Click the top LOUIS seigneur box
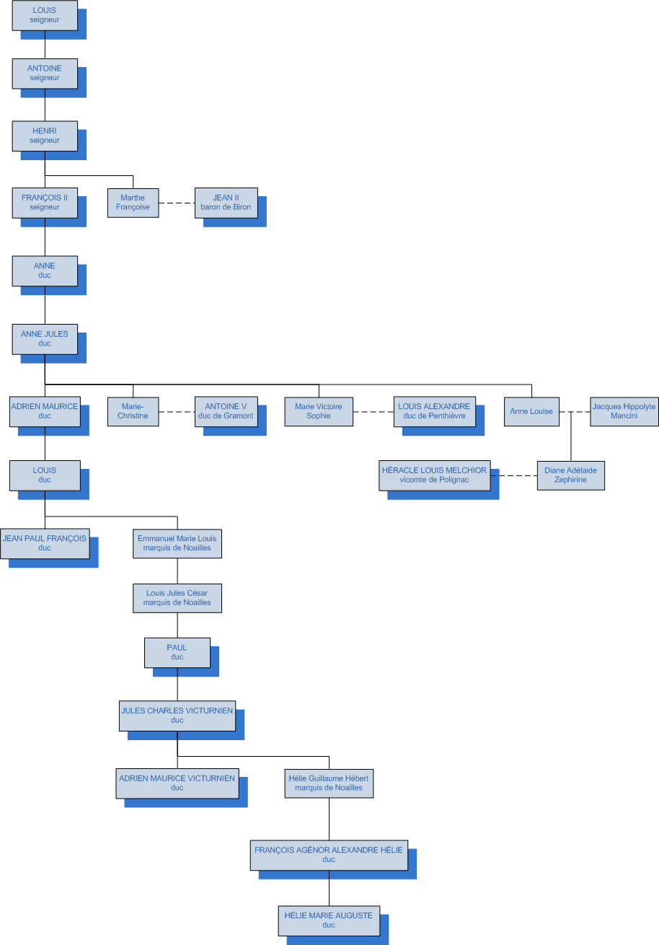click(x=45, y=15)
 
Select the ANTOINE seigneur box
click(x=45, y=73)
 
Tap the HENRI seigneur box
click(x=45, y=136)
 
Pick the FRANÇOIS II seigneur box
click(x=45, y=203)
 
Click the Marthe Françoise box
click(x=133, y=203)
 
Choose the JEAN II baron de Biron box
click(x=226, y=203)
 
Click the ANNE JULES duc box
click(x=45, y=339)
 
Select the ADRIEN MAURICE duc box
click(x=45, y=411)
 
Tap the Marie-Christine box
click(x=133, y=411)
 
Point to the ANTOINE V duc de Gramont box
click(x=226, y=411)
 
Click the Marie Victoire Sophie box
click(x=319, y=411)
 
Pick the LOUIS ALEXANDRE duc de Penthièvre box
click(x=434, y=411)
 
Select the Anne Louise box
click(x=531, y=411)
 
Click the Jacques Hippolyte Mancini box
click(x=624, y=411)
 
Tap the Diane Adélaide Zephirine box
click(x=570, y=475)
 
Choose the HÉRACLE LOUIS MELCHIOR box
click(x=434, y=475)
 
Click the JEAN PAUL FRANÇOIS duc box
click(x=45, y=543)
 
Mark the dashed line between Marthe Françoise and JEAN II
click(x=177, y=203)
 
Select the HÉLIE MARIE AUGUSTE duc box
click(x=329, y=920)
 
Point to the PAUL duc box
click(x=177, y=652)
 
